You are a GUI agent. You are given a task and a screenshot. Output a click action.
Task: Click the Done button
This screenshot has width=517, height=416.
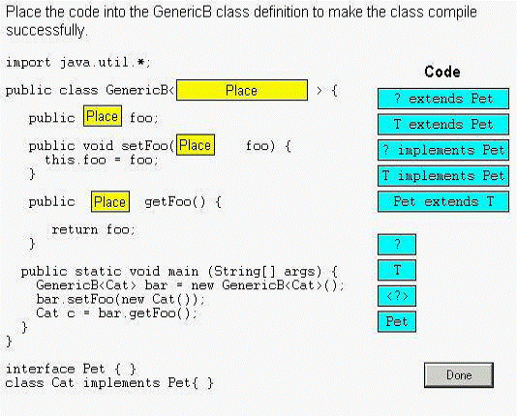click(x=459, y=375)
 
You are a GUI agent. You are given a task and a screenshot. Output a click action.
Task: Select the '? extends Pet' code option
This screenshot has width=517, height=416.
click(x=443, y=99)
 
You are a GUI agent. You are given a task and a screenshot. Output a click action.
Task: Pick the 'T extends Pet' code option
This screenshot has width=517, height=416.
click(x=443, y=124)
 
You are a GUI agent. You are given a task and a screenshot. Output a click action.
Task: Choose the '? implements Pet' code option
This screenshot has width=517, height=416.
click(x=443, y=150)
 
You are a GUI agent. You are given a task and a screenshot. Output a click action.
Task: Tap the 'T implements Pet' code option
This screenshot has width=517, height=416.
click(x=443, y=175)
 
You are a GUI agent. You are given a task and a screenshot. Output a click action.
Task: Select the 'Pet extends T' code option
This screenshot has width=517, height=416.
click(x=443, y=201)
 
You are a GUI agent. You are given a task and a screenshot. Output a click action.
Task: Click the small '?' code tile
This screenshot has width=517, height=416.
click(x=397, y=245)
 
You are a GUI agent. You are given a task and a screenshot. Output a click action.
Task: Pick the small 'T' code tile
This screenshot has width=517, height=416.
click(x=397, y=270)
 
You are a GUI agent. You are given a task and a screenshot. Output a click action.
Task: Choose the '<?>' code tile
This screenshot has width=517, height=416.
click(x=397, y=296)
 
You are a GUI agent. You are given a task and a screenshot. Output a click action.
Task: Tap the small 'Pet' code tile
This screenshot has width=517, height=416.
click(x=397, y=321)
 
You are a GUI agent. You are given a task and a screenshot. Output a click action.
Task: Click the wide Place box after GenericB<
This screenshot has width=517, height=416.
click(x=242, y=90)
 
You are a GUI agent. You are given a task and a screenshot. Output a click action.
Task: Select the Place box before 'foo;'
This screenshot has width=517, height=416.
click(x=103, y=116)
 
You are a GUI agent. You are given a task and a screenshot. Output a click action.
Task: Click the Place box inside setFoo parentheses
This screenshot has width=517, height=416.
click(x=196, y=144)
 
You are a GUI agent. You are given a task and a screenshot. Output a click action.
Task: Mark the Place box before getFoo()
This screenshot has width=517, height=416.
click(x=110, y=201)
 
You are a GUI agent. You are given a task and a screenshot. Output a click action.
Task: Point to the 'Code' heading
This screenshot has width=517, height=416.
click(x=442, y=72)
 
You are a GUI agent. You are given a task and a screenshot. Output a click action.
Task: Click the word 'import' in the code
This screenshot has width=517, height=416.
click(x=28, y=62)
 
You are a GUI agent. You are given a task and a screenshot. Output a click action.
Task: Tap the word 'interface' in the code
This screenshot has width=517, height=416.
click(x=41, y=369)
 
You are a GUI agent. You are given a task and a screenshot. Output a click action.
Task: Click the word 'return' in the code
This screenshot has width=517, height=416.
click(x=75, y=229)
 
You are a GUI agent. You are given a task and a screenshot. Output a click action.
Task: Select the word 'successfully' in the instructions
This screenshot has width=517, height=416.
click(x=46, y=30)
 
